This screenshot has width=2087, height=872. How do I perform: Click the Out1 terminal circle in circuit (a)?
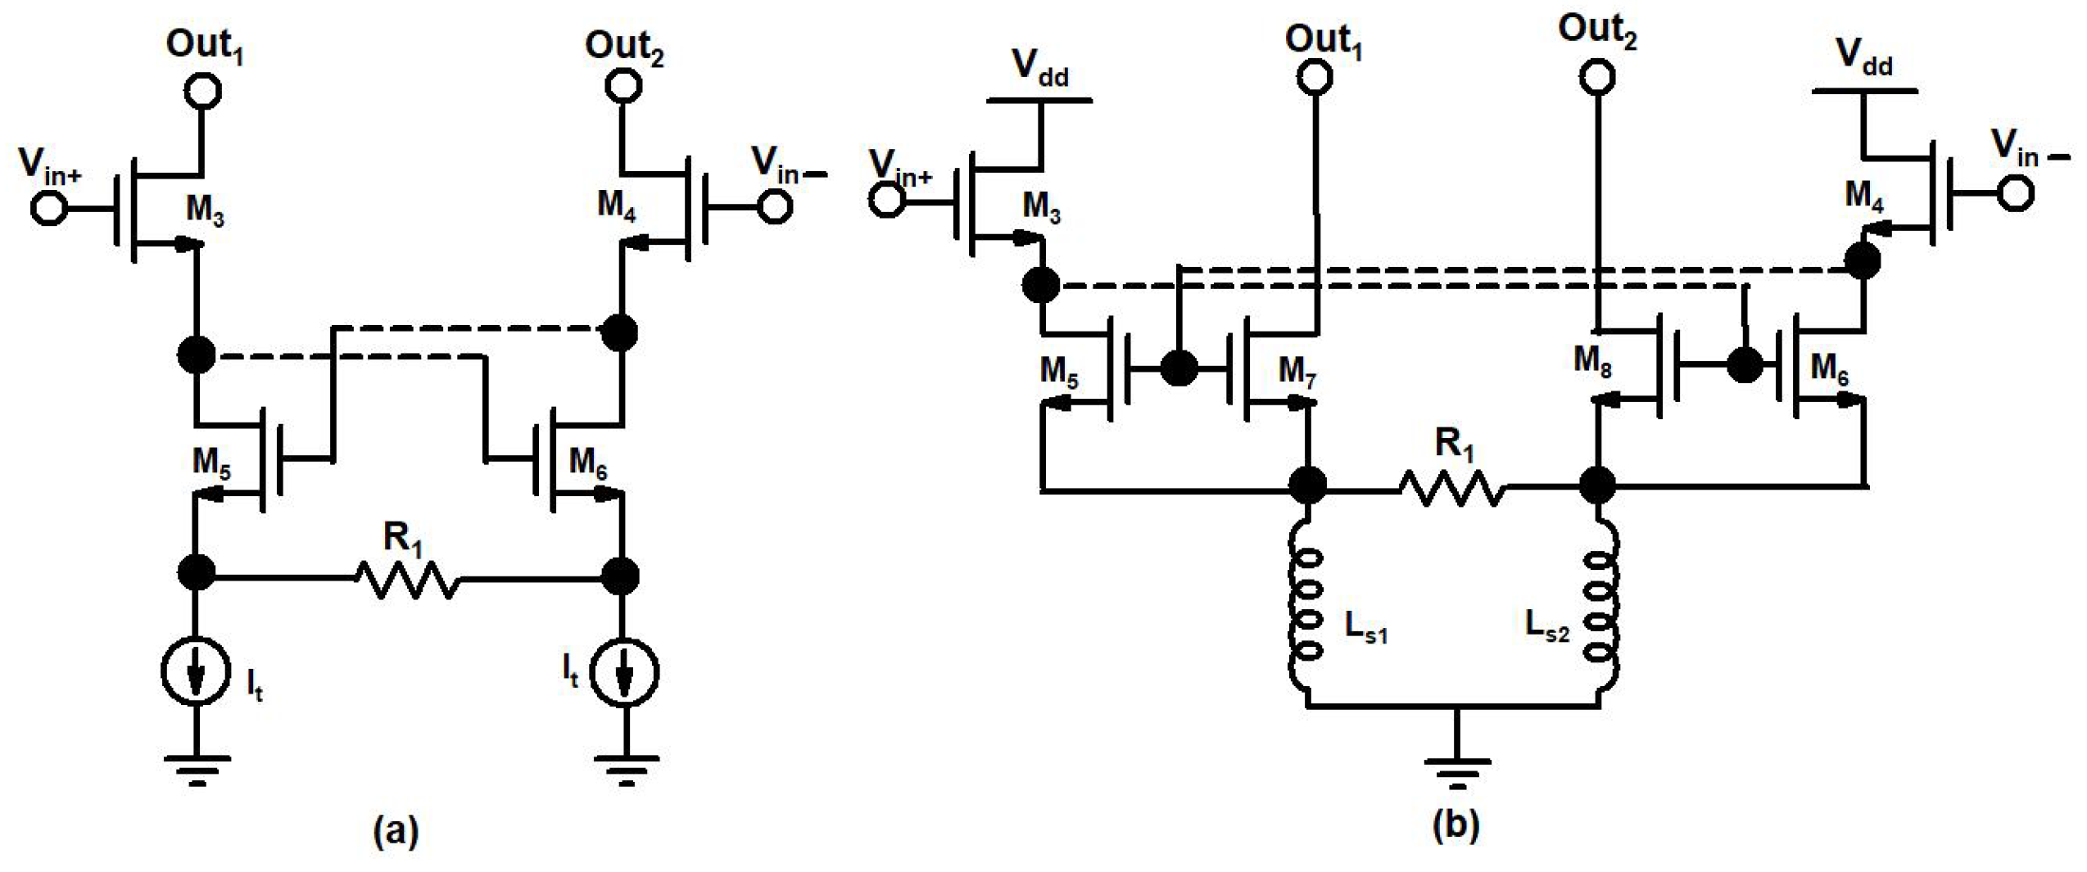tap(202, 90)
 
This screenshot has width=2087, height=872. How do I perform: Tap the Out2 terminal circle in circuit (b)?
tap(1596, 77)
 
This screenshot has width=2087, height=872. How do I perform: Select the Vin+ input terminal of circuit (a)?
tap(48, 207)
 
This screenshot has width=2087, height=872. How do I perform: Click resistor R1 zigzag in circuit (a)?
tap(407, 579)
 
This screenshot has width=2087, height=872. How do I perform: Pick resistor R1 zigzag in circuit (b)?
tap(1451, 489)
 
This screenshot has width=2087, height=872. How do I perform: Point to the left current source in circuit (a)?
tap(195, 671)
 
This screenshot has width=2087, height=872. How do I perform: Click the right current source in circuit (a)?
tap(624, 673)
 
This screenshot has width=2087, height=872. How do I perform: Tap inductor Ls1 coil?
tap(1306, 606)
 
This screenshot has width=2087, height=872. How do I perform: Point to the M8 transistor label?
tap(1592, 360)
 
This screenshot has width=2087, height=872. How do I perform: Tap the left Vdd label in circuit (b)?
tap(1039, 67)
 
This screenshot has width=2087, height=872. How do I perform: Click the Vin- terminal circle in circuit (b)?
tap(2015, 193)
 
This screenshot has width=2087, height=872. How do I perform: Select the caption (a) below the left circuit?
tap(396, 831)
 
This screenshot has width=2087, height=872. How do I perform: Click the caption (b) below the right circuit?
tap(1455, 825)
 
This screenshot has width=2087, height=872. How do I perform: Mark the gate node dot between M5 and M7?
tap(1179, 368)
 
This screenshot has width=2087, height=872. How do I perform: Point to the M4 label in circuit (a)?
tap(616, 205)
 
